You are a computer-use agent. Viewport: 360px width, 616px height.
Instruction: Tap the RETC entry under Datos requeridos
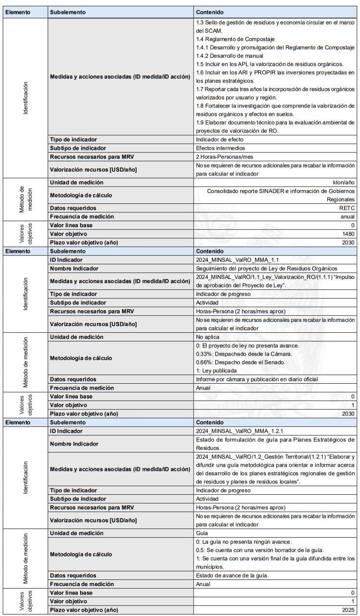tap(348, 208)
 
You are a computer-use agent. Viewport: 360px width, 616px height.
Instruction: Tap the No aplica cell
tap(209, 337)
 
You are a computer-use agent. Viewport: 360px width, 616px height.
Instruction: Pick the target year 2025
tap(348, 610)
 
